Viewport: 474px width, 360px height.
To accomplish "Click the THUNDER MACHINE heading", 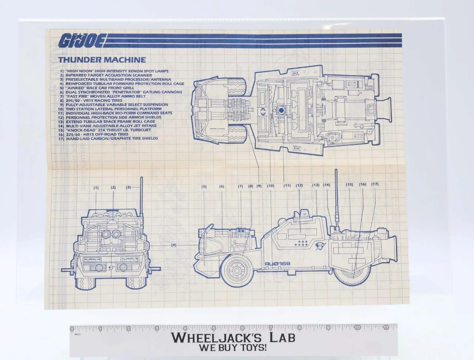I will tap(102, 60).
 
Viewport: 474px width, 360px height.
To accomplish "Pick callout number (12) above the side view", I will tap(299, 185).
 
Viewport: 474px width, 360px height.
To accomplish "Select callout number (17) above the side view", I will tap(375, 184).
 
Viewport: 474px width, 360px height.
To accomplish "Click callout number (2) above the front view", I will tap(113, 187).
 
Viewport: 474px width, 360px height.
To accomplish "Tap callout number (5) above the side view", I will tap(204, 187).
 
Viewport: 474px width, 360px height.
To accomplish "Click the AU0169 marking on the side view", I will tap(277, 264).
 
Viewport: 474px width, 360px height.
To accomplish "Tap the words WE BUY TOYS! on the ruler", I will tap(233, 348).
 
